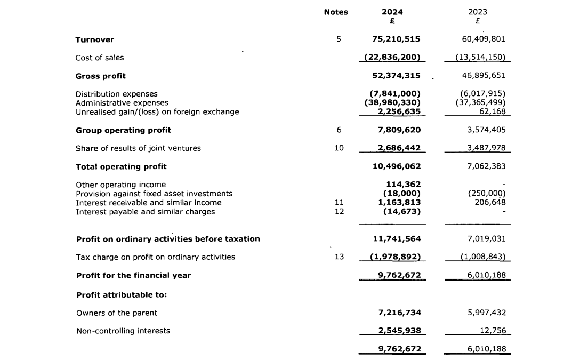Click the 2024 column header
tap(392, 12)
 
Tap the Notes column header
tap(336, 12)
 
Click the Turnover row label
tap(95, 39)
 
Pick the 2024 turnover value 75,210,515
tap(396, 39)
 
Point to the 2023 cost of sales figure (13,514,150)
tap(480, 58)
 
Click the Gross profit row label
tap(101, 76)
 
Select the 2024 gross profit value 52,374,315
tap(396, 76)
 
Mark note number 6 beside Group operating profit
tap(339, 130)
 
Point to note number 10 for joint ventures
tap(339, 148)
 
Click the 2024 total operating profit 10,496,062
tap(396, 166)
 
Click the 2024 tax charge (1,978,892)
tap(396, 257)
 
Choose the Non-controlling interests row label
tap(123, 331)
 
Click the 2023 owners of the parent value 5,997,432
tap(484, 313)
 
